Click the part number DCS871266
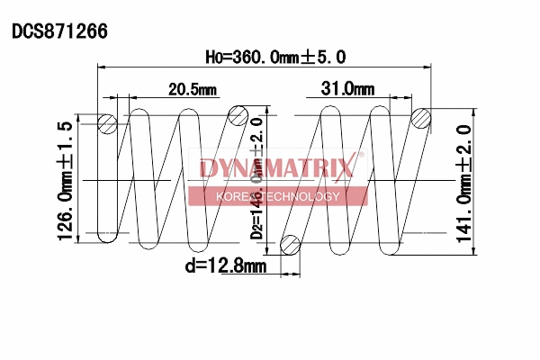pyautogui.click(x=59, y=31)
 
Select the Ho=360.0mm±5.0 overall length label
pyautogui.click(x=275, y=56)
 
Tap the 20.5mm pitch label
pyautogui.click(x=192, y=88)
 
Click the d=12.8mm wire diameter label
pyautogui.click(x=225, y=265)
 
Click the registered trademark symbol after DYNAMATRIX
pyautogui.click(x=361, y=155)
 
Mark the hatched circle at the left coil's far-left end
pyautogui.click(x=107, y=123)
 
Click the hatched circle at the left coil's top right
pyautogui.click(x=238, y=113)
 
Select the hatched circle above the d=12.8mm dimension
pyautogui.click(x=291, y=243)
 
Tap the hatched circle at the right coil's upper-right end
pyautogui.click(x=421, y=118)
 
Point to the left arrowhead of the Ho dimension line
pyautogui.click(x=101, y=67)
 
